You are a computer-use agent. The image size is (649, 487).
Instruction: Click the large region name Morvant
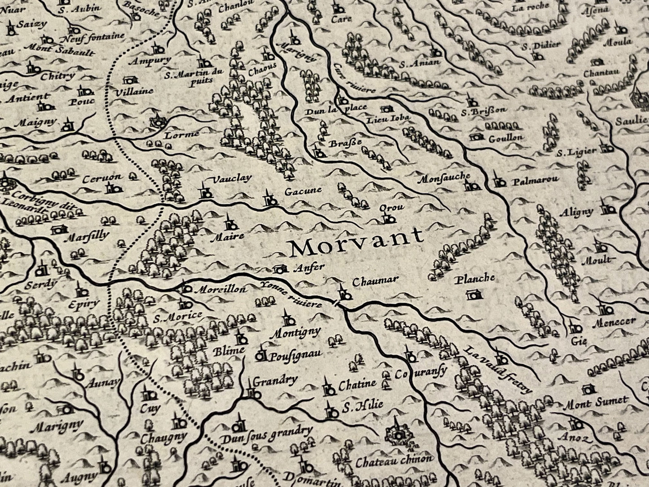356,243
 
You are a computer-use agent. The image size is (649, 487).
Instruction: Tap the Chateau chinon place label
394,460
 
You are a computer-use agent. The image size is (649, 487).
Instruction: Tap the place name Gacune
303,191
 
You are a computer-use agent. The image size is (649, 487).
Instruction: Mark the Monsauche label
444,178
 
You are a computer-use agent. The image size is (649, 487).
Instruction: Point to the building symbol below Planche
472,295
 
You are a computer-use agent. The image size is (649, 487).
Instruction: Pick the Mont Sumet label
596,403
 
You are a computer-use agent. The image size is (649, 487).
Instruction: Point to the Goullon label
506,138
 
